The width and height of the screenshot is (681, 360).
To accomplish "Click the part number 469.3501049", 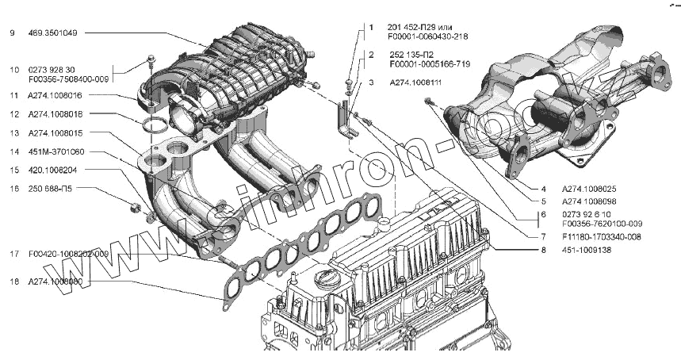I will tap(54, 33).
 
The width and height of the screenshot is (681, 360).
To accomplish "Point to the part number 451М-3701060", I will tap(55, 151).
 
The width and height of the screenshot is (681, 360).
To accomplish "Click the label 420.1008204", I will tap(52, 170).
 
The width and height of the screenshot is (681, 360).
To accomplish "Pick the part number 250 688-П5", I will tap(50, 189).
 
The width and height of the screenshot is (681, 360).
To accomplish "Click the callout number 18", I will tap(13, 281).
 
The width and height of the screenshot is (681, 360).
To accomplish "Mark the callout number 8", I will tap(544, 251).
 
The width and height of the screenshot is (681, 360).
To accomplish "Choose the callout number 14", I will tap(13, 151).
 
